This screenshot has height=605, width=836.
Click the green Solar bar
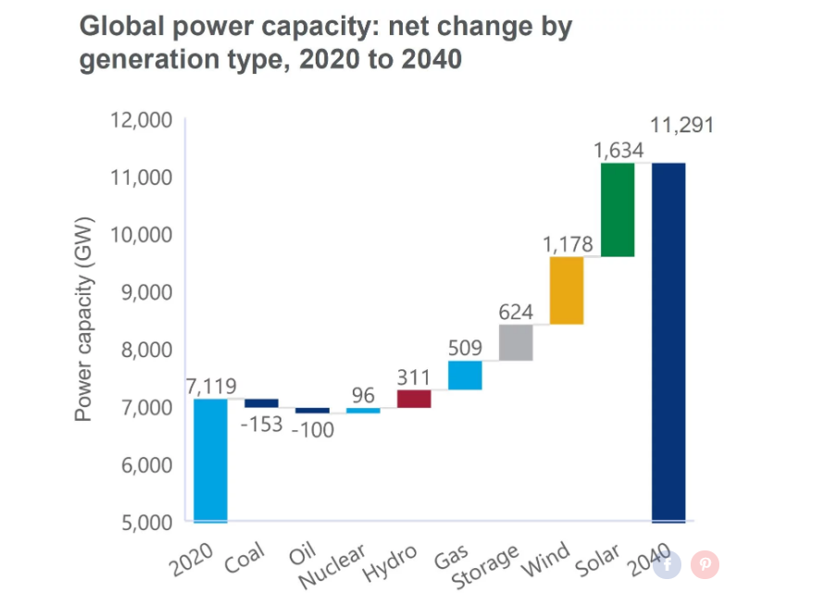(618, 209)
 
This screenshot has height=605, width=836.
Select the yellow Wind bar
(567, 290)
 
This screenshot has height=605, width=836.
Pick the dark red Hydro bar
(414, 399)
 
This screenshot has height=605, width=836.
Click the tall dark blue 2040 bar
(668, 342)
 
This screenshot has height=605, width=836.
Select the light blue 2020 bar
(210, 460)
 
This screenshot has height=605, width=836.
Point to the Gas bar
(465, 375)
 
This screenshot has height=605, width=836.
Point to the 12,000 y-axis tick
(141, 120)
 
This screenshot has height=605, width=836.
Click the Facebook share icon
(668, 564)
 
